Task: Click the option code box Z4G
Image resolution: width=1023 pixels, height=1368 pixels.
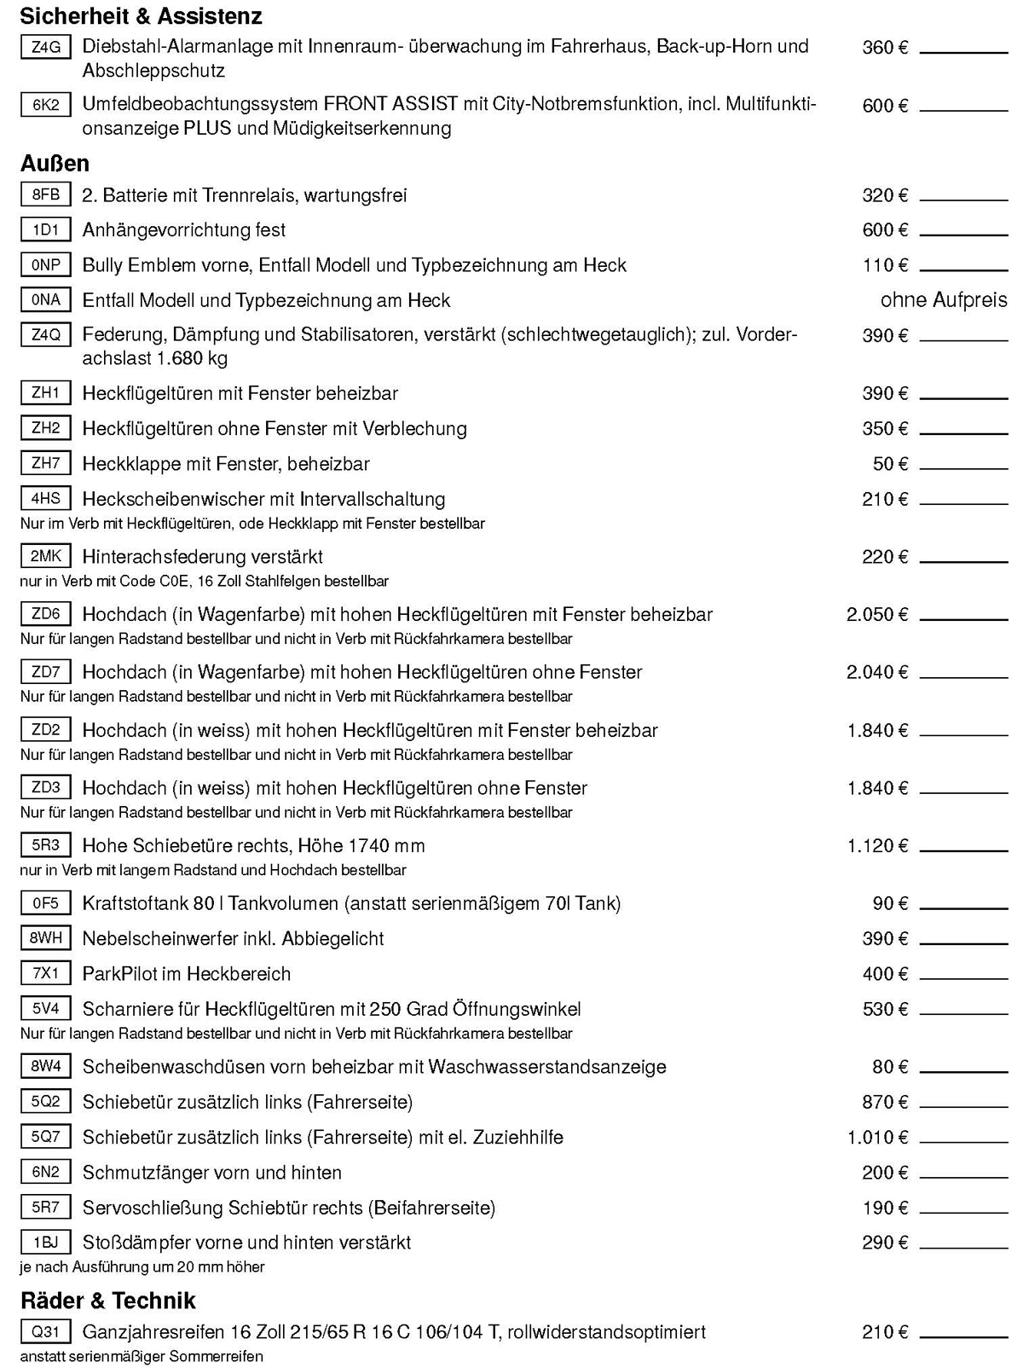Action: coord(45,48)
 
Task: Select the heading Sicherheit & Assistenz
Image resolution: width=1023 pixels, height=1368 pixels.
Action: coord(141,16)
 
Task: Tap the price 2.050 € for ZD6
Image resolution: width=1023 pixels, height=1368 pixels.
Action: coord(877,615)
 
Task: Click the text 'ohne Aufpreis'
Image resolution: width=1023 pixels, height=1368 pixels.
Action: coord(943,300)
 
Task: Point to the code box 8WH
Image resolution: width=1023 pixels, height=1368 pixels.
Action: coord(45,939)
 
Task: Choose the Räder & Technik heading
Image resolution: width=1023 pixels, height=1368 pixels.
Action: coord(107,1301)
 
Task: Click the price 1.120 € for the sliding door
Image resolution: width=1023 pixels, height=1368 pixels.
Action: coord(877,846)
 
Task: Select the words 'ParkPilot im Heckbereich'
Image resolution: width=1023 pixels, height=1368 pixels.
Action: coord(186,974)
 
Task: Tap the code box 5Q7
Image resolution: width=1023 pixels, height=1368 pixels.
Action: coord(45,1137)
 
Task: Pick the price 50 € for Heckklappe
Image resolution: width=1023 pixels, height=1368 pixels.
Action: coord(890,464)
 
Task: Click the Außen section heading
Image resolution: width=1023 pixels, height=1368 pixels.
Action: coord(55,163)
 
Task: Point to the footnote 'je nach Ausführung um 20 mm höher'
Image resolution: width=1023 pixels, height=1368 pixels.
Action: coord(142,1267)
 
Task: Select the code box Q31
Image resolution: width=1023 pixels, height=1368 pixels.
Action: coord(45,1332)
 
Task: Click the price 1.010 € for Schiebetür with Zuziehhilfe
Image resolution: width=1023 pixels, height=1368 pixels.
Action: coord(877,1138)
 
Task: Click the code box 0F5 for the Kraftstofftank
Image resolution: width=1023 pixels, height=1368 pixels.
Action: coord(45,903)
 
